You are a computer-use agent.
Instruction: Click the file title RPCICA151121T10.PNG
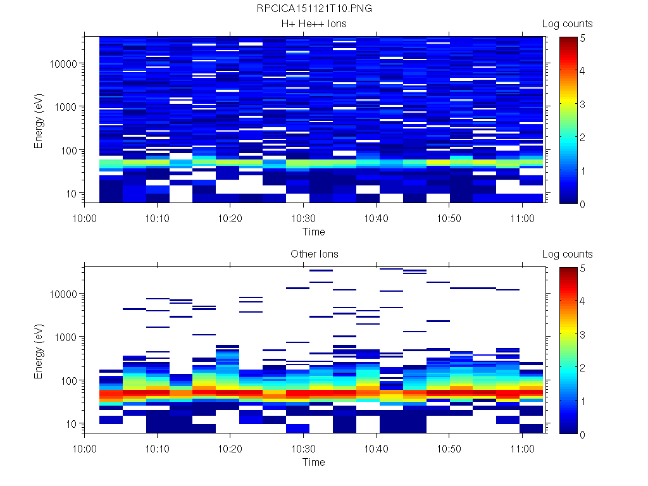pos(314,9)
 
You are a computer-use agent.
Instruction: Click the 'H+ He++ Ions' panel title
pos(314,24)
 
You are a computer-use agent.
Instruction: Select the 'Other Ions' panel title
pos(314,254)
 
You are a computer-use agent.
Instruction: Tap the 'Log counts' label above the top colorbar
pos(567,24)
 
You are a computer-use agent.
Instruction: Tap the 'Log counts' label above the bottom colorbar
pos(567,254)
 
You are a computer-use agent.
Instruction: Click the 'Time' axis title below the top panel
pos(313,232)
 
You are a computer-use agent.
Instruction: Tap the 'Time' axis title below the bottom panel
pos(313,462)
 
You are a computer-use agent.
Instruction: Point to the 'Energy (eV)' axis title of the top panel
pos(39,120)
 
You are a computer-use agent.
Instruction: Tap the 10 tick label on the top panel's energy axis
pos(72,194)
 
